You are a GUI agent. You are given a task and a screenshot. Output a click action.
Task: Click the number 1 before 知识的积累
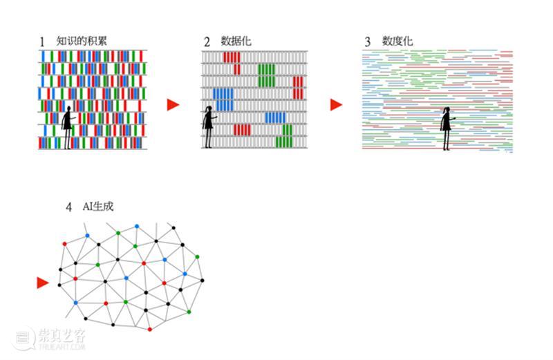(42, 42)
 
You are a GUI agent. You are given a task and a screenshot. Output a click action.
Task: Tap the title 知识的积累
(81, 41)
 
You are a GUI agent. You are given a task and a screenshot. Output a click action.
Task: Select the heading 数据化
(236, 41)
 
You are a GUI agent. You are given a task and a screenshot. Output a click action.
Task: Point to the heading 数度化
(397, 41)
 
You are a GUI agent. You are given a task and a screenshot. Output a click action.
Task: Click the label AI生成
(98, 207)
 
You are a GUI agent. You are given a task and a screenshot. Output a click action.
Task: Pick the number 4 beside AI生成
(68, 207)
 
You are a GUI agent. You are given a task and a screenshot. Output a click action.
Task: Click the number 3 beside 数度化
(368, 42)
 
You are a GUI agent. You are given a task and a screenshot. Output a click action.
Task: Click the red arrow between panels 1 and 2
(174, 105)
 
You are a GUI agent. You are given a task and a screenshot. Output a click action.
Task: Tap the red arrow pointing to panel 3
(336, 105)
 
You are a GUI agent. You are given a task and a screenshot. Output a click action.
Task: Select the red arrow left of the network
(43, 283)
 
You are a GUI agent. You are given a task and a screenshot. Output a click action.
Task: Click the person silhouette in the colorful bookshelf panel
(68, 127)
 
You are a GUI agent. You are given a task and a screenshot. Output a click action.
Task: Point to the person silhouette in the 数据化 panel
(209, 127)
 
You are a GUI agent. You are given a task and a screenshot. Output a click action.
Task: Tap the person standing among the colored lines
(447, 129)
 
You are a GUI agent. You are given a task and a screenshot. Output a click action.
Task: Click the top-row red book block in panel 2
(232, 57)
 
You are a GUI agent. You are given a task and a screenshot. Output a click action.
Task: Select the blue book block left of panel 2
(223, 100)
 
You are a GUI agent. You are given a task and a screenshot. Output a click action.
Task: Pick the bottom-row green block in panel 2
(284, 142)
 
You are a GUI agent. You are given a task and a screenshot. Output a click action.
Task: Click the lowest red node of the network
(149, 330)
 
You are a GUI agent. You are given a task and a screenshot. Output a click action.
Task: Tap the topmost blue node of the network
(137, 227)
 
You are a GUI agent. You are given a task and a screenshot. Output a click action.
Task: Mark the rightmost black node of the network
(202, 281)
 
